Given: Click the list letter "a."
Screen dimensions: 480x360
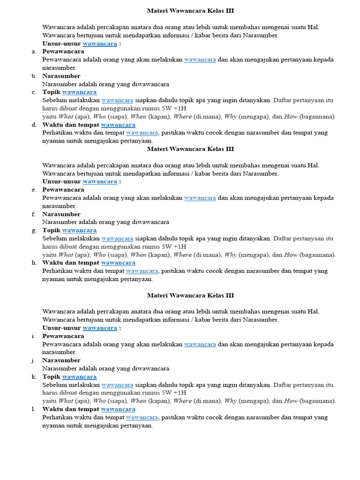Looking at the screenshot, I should tap(34, 52).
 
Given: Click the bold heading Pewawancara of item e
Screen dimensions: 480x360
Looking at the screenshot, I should tap(63, 190).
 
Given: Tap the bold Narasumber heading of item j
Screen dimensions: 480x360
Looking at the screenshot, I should tap(61, 360).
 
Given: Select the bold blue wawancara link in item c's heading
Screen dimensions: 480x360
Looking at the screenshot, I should tap(79, 92).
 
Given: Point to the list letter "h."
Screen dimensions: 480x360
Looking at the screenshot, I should tap(34, 263).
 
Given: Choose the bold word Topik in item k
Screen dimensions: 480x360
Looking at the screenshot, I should tap(52, 377).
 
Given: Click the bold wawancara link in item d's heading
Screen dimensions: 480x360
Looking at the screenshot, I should tap(118, 125).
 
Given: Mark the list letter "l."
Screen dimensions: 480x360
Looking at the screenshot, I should tap(34, 409).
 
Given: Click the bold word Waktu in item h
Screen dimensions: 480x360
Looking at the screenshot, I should tap(52, 263).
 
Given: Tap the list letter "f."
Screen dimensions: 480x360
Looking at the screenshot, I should tap(34, 214).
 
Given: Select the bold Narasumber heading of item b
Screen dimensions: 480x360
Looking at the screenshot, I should tap(61, 76).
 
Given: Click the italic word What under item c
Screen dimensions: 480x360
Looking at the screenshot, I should tap(66, 117).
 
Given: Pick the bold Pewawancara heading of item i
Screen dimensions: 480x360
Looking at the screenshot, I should tap(63, 336).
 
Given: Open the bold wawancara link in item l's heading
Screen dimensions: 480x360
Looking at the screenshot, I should tap(118, 409).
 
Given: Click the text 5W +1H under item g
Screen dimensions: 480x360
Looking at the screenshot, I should tap(174, 247).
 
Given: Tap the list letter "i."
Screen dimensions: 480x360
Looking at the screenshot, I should tap(34, 336).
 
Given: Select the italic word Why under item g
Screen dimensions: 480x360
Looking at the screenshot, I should tap(231, 255).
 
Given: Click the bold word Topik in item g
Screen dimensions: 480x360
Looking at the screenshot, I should tap(52, 231).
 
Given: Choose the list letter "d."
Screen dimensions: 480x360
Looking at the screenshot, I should tap(34, 125).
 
